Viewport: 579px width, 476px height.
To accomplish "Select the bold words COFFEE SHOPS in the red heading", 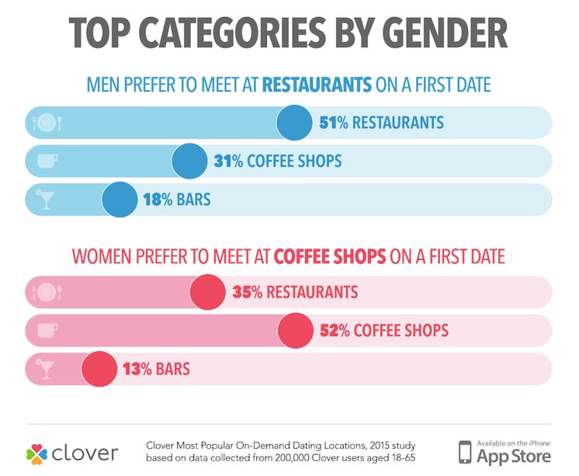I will pyautogui.click(x=337, y=256).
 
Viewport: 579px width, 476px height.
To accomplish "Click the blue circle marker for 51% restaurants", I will pyautogui.click(x=295, y=123).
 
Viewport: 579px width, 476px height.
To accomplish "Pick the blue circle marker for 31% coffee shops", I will pyautogui.click(x=189, y=162).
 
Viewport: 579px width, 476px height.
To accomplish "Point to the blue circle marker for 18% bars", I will pyautogui.click(x=119, y=200).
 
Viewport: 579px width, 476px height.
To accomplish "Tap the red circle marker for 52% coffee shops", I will pyautogui.click(x=296, y=331).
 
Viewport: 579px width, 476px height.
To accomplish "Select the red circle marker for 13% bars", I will pyautogui.click(x=98, y=369).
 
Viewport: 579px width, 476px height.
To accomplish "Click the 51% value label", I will pyautogui.click(x=334, y=123).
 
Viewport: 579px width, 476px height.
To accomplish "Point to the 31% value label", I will pyautogui.click(x=227, y=162).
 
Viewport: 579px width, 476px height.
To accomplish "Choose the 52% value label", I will pyautogui.click(x=335, y=331).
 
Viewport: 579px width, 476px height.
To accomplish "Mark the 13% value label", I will pyautogui.click(x=137, y=369).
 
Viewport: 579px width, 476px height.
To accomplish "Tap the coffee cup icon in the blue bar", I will pyautogui.click(x=47, y=162).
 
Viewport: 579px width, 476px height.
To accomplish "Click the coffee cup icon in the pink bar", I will pyautogui.click(x=47, y=331).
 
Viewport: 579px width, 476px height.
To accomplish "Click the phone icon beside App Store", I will pyautogui.click(x=464, y=452).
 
